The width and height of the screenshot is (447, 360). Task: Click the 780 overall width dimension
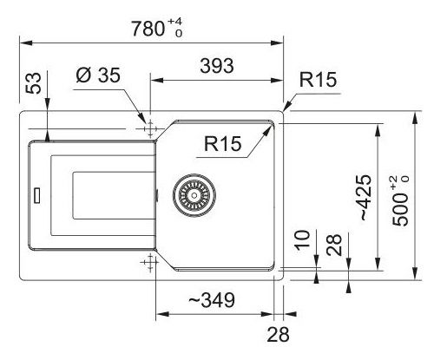(x=148, y=29)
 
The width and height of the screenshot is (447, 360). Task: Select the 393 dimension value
(x=217, y=66)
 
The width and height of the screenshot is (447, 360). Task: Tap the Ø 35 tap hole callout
(x=98, y=75)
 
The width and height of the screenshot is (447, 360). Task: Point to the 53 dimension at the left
(x=33, y=83)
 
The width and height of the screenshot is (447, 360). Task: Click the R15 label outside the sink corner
(x=318, y=80)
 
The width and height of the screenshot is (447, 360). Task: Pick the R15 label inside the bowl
(x=222, y=143)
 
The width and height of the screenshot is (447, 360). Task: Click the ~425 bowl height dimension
(x=365, y=198)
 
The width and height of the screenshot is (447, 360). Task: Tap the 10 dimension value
(x=302, y=240)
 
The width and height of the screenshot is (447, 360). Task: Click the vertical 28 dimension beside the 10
(x=334, y=245)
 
